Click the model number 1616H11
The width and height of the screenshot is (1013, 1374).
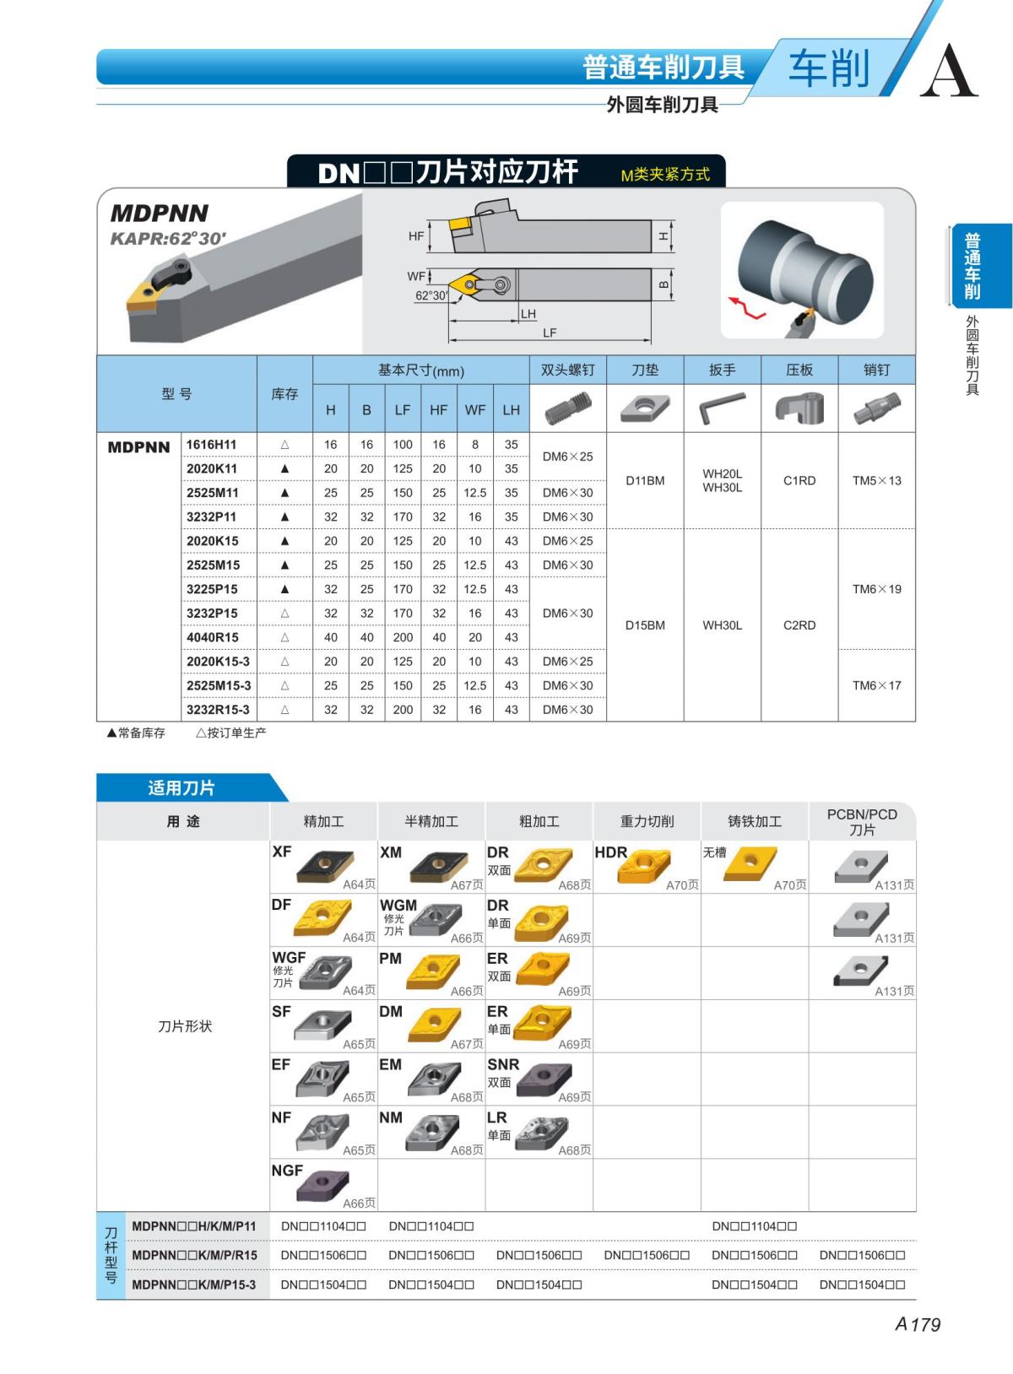211,444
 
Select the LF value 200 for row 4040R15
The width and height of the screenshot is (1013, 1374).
403,637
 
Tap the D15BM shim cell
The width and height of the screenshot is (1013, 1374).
645,625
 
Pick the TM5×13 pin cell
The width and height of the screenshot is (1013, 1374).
876,480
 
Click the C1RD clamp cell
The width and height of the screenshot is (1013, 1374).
799,480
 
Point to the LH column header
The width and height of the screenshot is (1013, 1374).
511,409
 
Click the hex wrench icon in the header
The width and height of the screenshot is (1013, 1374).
722,408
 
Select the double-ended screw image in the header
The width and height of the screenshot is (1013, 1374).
568,408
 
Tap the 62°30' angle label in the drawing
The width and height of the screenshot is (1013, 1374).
431,295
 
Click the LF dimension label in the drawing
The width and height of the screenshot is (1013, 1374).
550,333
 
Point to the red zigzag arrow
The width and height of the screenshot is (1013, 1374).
747,306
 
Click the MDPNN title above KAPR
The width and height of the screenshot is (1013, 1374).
160,213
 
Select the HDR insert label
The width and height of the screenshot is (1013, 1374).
610,852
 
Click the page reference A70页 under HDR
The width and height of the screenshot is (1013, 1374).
682,884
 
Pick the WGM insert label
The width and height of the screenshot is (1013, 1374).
398,905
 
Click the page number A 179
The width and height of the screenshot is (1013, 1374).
918,1324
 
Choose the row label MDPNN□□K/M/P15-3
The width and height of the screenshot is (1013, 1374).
194,1285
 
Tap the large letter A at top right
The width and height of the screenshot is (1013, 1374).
949,71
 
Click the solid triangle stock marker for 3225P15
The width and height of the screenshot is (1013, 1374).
284,589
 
